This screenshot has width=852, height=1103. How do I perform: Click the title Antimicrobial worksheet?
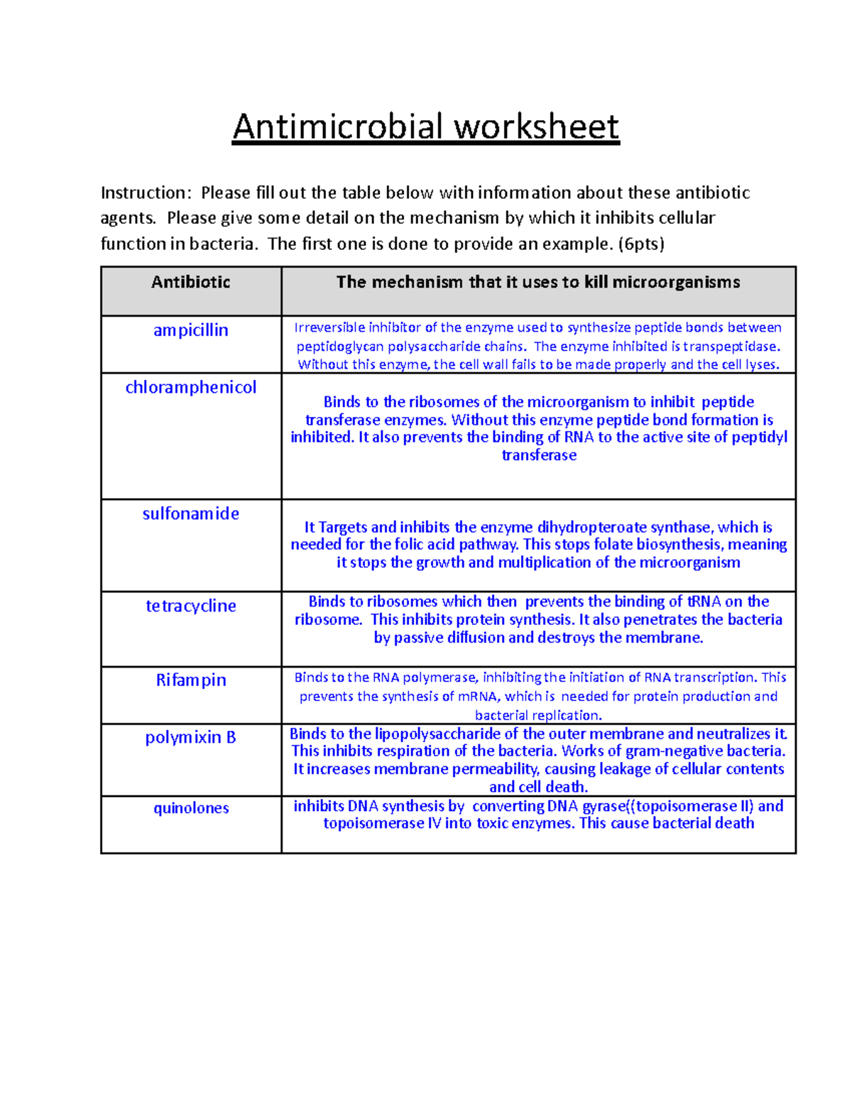426,127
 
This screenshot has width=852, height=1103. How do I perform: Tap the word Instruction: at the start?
146,193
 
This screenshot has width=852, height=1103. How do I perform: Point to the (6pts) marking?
641,244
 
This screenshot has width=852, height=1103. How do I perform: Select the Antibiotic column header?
190,283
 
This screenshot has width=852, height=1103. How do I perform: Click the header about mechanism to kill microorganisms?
538,283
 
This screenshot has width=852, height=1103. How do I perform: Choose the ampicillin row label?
190,330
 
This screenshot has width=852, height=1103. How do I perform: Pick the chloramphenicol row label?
190,388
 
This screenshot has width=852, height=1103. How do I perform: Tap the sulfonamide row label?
190,514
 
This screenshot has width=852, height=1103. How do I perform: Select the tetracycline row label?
190,606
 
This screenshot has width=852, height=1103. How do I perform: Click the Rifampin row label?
190,680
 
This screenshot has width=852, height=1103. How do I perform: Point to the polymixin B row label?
190,738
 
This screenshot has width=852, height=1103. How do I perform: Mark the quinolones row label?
190,808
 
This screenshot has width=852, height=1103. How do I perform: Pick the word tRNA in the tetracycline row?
704,602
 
